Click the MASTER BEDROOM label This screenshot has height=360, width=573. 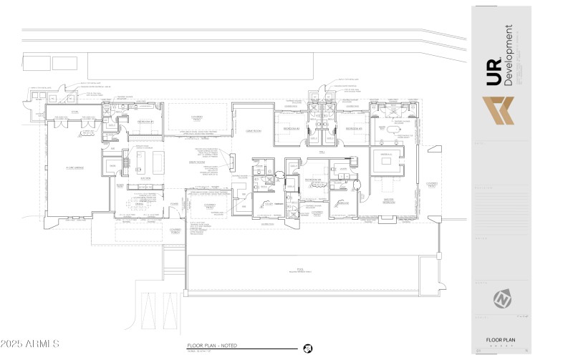coord(388,202)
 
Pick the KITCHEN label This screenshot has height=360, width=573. coord(145,177)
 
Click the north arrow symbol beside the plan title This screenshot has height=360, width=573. coord(307,349)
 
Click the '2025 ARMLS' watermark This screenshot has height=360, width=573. coord(31,345)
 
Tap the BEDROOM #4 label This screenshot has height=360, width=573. coord(312,179)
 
